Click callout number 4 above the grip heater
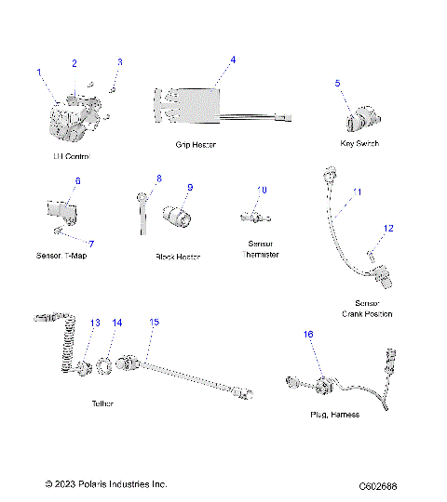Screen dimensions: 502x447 [x=233, y=59]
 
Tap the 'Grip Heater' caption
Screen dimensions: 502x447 [x=196, y=145]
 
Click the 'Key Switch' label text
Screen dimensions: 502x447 [x=359, y=144]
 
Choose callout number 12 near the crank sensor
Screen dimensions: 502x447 [x=389, y=228]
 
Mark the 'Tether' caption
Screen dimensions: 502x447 [x=103, y=404]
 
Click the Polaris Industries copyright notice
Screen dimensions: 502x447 [x=106, y=485]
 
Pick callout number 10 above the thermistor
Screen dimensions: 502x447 [x=262, y=190]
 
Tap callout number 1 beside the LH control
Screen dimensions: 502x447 [x=39, y=72]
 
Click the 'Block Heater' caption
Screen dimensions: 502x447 [x=178, y=256]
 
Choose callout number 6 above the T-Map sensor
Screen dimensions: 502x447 [x=77, y=180]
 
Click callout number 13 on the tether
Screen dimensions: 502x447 [x=95, y=323]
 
